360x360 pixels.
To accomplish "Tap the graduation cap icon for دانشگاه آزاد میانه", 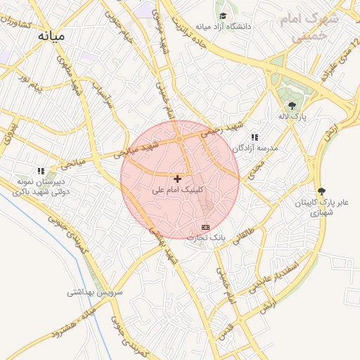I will (x=223, y=15).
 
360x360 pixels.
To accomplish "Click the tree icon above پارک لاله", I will (x=292, y=105).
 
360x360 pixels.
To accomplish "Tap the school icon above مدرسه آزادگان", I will (x=255, y=137).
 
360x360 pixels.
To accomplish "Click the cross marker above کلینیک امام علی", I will (x=177, y=179).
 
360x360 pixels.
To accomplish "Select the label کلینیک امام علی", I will (x=180, y=190).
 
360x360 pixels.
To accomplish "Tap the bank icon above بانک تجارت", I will (x=205, y=227).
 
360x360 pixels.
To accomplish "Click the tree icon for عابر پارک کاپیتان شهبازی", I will (x=322, y=191).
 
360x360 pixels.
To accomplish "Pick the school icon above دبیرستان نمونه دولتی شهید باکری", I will (x=41, y=171).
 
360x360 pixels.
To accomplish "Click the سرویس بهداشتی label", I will (x=95, y=291).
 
